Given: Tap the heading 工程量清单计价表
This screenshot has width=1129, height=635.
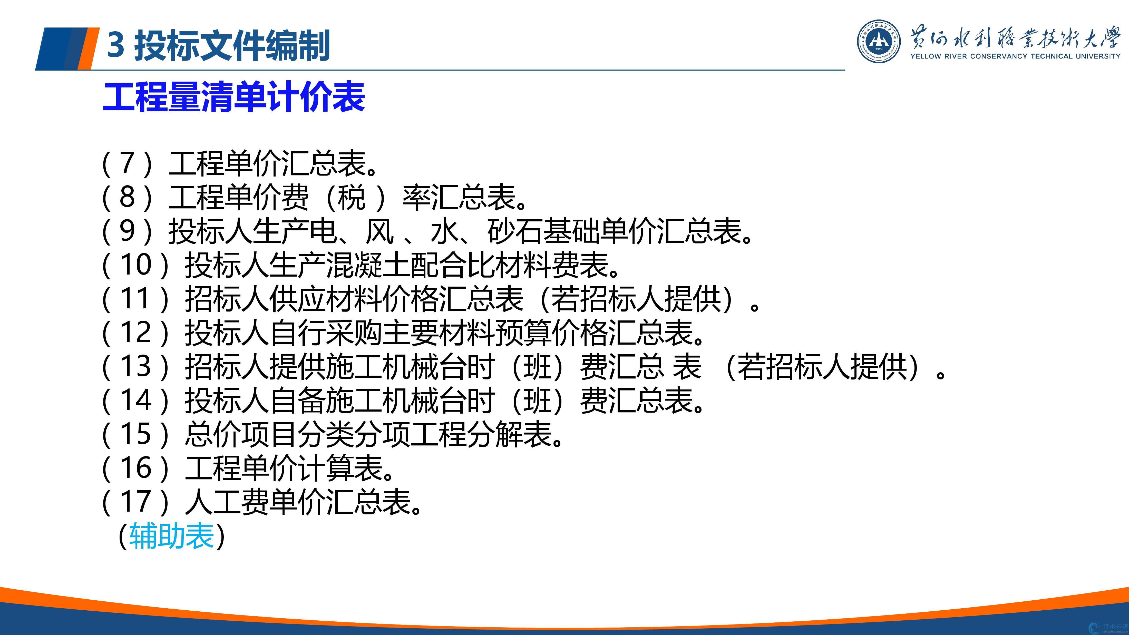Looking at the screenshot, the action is pos(233,97).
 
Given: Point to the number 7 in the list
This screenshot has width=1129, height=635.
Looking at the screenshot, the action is pos(127,163).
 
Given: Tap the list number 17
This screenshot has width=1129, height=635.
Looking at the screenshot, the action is pos(136,502).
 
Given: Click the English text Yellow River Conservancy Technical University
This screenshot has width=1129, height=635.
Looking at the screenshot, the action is pos(1015,56).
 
